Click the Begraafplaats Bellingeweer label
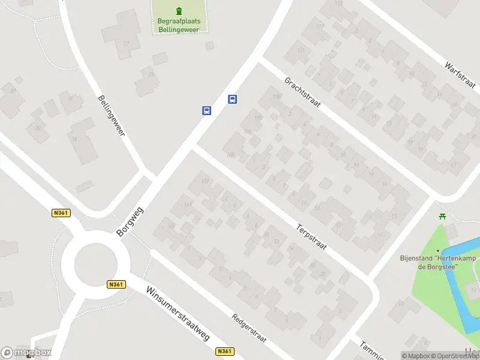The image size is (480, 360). coord(178,25)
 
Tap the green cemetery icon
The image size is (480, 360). coord(178,11)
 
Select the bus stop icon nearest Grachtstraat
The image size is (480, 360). coord(233,99)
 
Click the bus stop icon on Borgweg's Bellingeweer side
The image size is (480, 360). coord(206,110)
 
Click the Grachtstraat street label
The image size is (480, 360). coord(302,92)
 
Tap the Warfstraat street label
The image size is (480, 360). coord(461,75)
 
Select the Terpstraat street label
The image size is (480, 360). coord(311,238)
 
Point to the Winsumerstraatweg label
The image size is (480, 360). coord(178,313)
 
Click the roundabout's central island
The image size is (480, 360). coord(94,263)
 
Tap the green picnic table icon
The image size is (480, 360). coord(443,217)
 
